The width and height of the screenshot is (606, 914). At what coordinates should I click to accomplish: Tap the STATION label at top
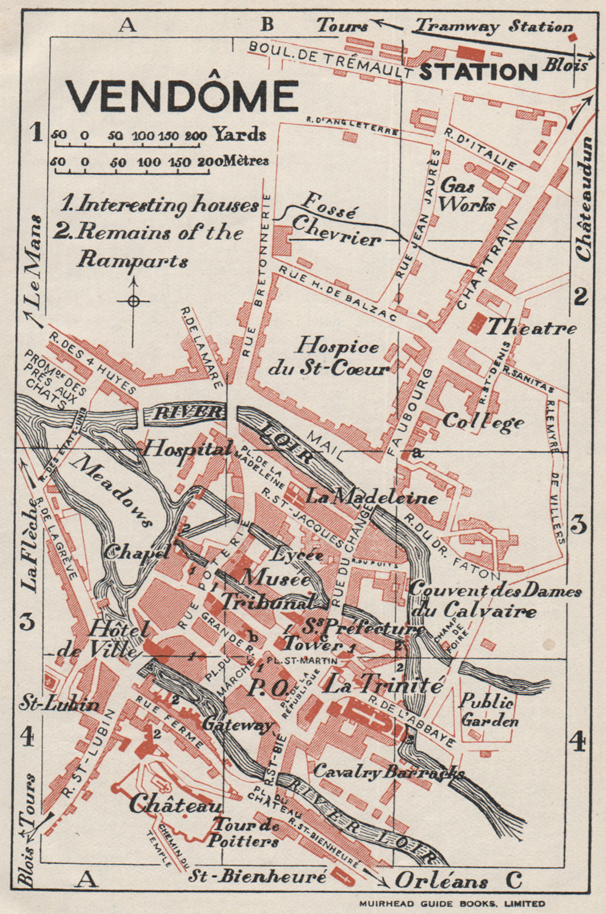click(479, 72)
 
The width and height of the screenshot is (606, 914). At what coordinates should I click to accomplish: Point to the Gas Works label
click(467, 195)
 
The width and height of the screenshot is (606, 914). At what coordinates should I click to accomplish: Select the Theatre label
click(531, 327)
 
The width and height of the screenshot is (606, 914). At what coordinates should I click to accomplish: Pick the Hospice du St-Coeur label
click(331, 358)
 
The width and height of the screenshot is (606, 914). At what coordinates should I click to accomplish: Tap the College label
click(483, 422)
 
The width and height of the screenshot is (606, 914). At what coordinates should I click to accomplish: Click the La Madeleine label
click(371, 497)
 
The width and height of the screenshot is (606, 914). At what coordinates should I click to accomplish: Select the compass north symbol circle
click(134, 300)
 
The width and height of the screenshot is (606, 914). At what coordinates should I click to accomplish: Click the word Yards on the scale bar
click(240, 135)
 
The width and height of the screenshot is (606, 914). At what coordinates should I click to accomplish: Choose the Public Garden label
click(489, 710)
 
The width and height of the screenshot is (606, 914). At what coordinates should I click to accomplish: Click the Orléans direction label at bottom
click(441, 881)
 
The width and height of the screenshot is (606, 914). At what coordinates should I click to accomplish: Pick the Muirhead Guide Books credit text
click(452, 904)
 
